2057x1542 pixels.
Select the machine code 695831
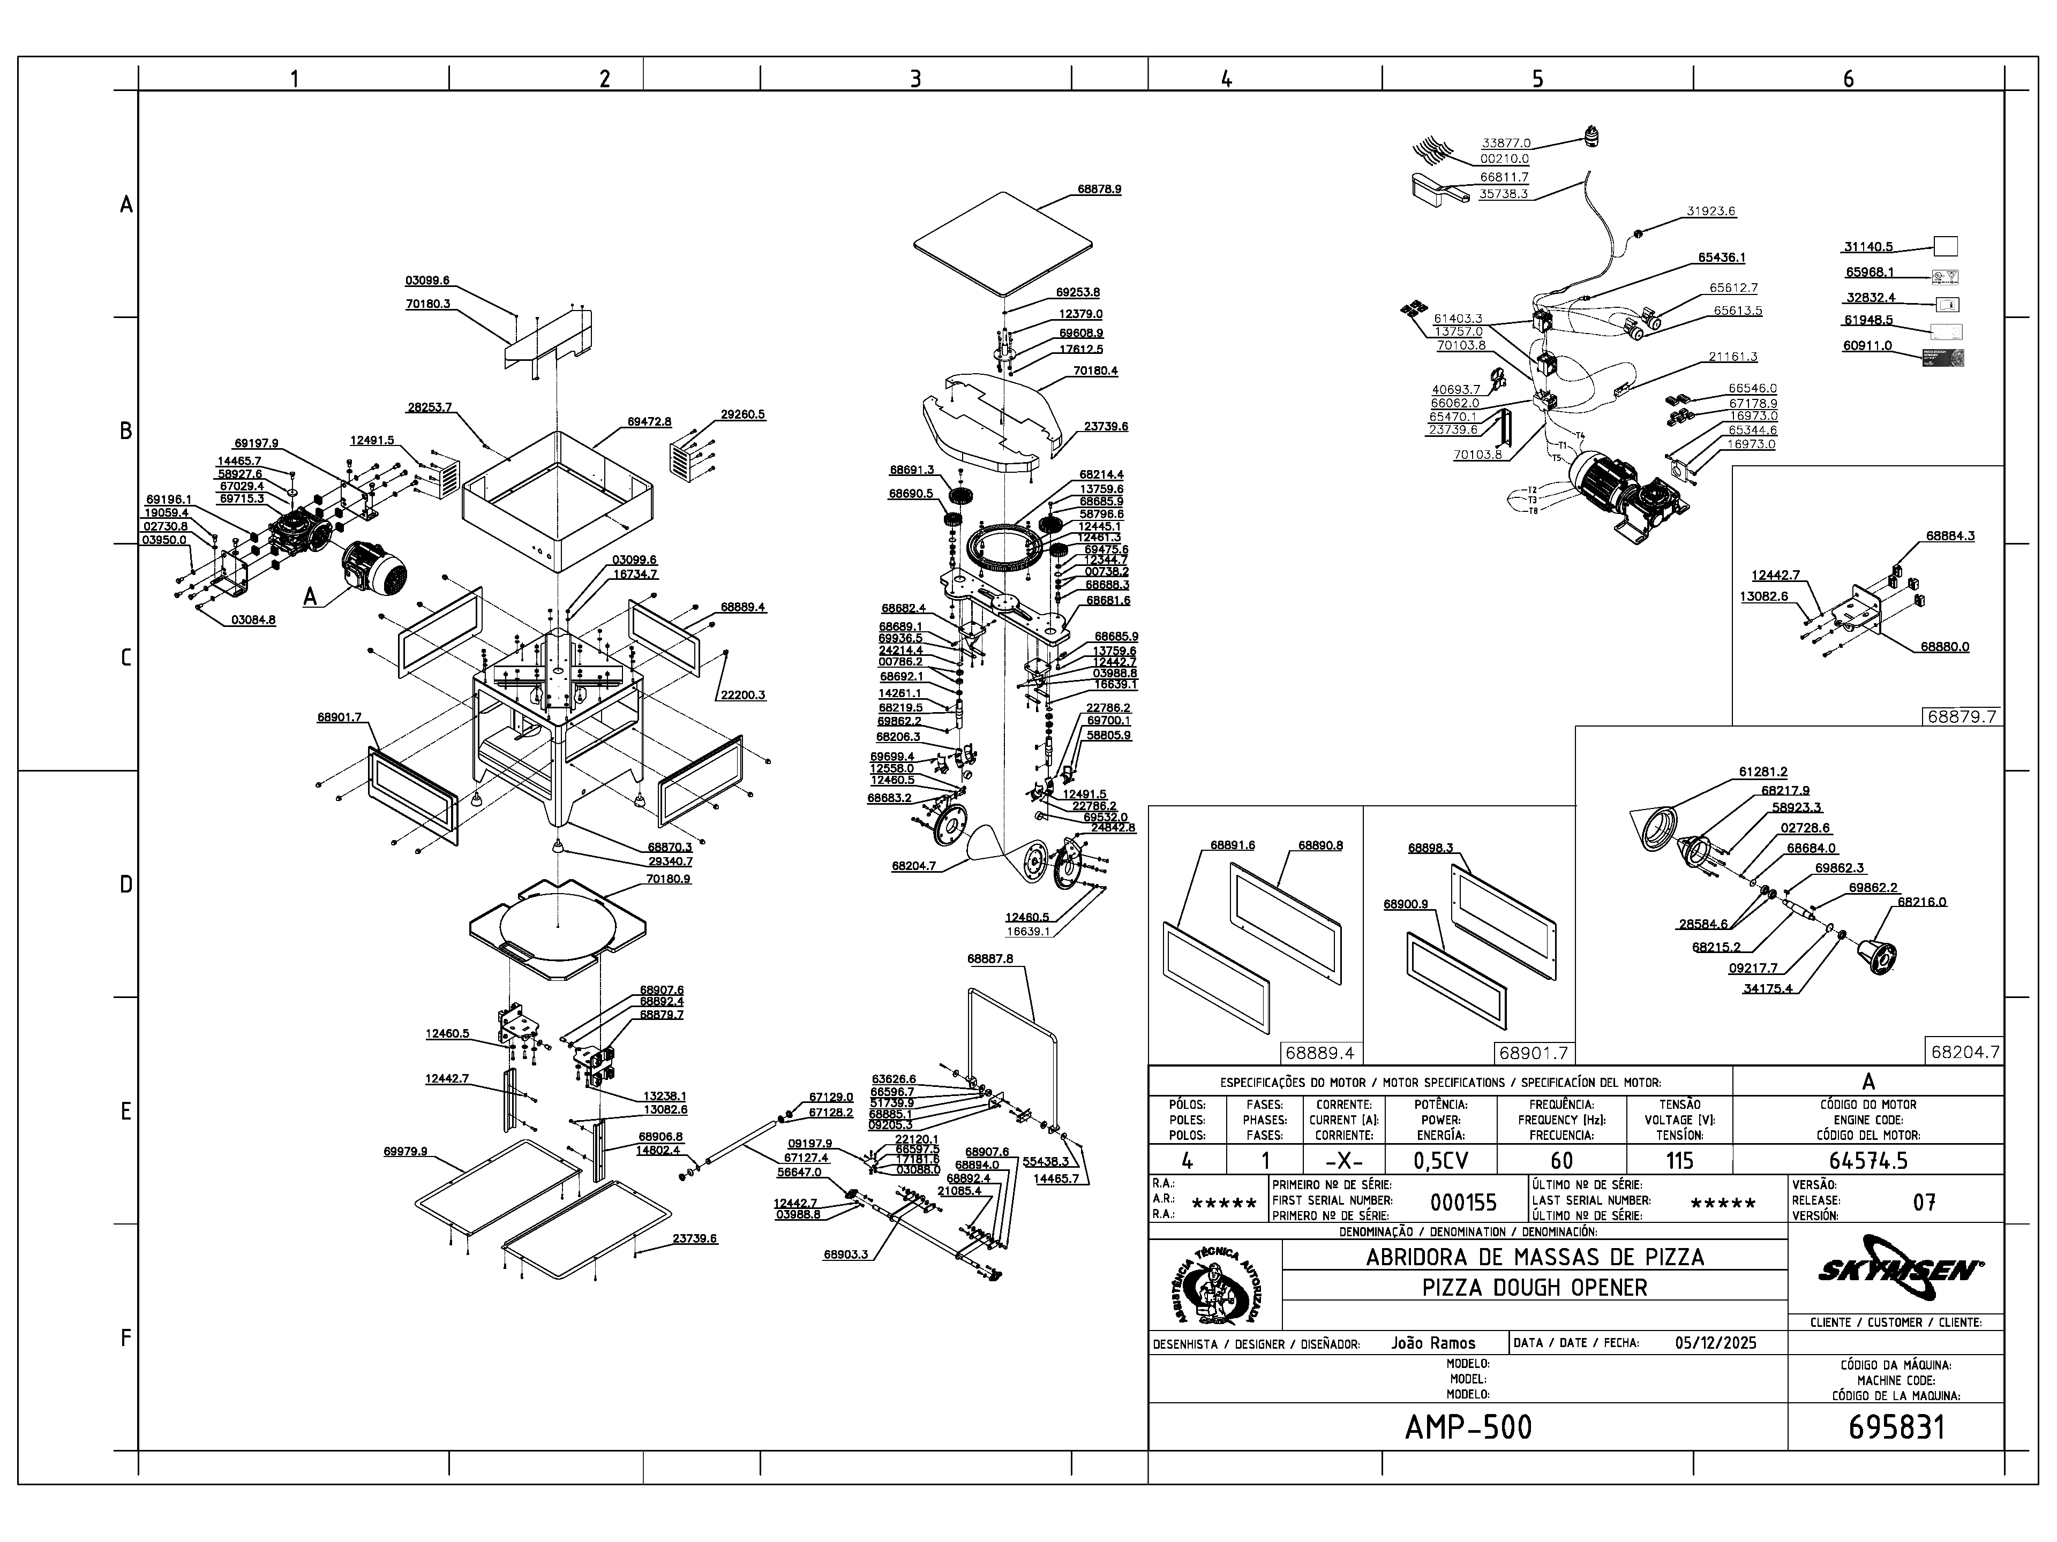coord(1896,1427)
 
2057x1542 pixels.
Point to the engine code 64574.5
coord(1868,1160)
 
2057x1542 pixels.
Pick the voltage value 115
coord(1679,1160)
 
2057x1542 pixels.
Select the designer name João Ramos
coord(1433,1342)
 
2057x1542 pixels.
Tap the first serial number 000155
coord(1463,1203)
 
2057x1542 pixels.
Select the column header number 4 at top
coord(1227,79)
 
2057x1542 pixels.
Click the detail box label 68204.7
coord(1964,1052)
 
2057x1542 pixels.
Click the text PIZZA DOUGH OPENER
coord(1534,1287)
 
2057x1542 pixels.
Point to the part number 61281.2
coord(1762,772)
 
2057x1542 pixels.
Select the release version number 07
coord(1924,1203)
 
